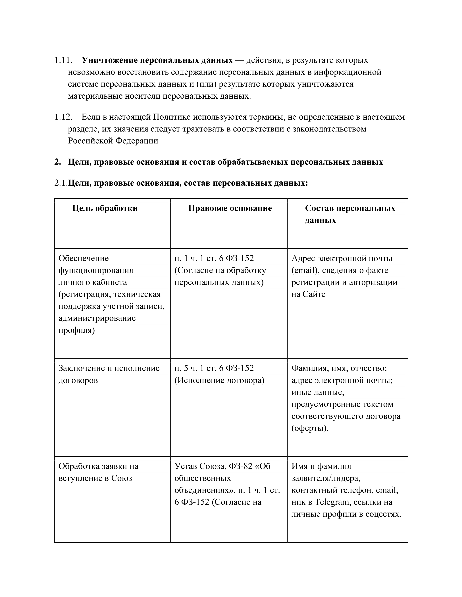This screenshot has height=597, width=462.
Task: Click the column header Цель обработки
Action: pyautogui.click(x=105, y=208)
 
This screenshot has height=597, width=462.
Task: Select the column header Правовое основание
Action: pyautogui.click(x=230, y=208)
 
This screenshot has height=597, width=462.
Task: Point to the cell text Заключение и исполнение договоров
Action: pyautogui.click(x=109, y=374)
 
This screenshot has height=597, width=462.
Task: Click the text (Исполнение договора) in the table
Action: pyautogui.click(x=219, y=380)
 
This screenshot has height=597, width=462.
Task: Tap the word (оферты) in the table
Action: pyautogui.click(x=310, y=428)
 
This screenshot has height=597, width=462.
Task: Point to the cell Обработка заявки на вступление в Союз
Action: pyautogui.click(x=98, y=472)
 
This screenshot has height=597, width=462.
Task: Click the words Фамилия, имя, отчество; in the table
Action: pyautogui.click(x=339, y=368)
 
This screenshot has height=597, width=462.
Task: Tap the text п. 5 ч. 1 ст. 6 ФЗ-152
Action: pyautogui.click(x=214, y=368)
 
